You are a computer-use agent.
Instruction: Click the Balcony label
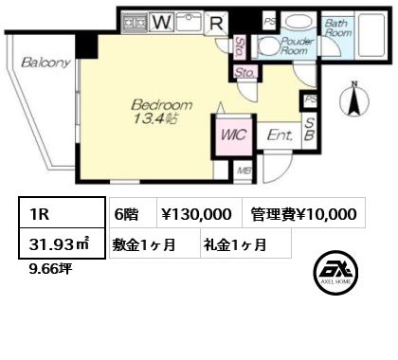tap(46, 63)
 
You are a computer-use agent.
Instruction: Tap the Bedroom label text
tap(161, 104)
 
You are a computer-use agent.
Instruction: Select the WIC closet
tap(234, 135)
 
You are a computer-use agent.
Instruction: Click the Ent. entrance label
tap(280, 135)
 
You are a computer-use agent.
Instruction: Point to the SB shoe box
tap(309, 130)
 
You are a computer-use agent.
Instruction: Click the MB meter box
tap(244, 171)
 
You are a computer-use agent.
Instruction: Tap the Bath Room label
tap(338, 27)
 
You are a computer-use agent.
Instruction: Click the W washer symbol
tap(163, 22)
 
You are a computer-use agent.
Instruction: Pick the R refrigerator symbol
tap(216, 23)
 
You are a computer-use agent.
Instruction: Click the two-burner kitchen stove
tap(135, 22)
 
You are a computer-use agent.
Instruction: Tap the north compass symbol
tap(354, 99)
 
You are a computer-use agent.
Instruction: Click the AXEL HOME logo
tap(335, 273)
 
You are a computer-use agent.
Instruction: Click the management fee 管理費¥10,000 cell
tap(304, 213)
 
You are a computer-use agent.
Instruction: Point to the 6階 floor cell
tap(133, 213)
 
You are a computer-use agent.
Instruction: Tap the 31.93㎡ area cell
tap(62, 243)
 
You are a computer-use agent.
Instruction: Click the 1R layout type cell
tap(62, 212)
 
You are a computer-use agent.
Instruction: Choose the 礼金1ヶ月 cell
tap(245, 243)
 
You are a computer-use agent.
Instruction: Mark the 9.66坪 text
tap(50, 269)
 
